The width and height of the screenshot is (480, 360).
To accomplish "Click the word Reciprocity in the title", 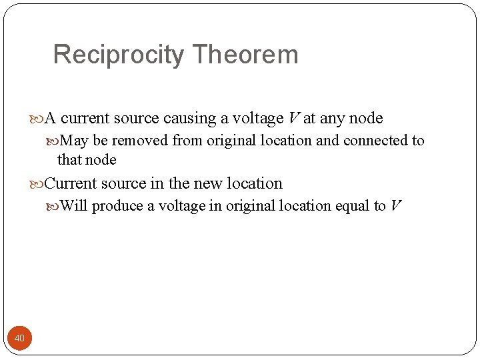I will (x=118, y=55).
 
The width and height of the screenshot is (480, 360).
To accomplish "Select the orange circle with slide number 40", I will (x=19, y=339).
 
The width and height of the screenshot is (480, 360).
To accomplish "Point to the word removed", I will (x=140, y=141).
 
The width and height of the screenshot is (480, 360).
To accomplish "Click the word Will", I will (x=74, y=206).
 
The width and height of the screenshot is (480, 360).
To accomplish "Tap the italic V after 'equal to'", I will (x=395, y=206).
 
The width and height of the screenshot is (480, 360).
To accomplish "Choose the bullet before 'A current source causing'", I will (x=37, y=119).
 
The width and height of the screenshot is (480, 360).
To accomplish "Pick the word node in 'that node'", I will (x=101, y=160).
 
